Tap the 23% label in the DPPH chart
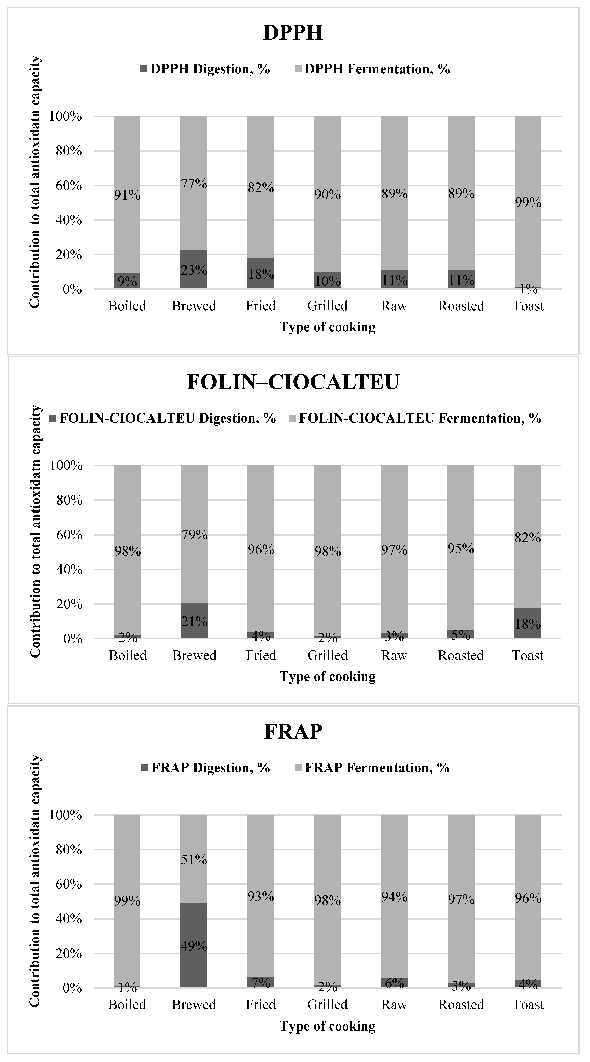point(194,270)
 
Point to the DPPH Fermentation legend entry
point(377,69)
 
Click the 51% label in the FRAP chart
point(194,860)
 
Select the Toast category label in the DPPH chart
point(528,306)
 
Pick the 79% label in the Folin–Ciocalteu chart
point(195,535)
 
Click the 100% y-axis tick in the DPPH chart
point(66,116)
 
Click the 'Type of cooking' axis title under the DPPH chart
point(328,327)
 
